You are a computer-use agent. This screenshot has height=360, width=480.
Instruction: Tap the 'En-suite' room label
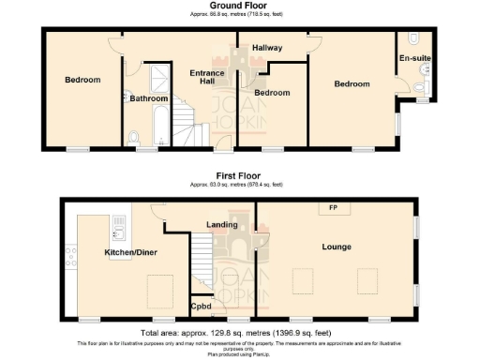[414, 58]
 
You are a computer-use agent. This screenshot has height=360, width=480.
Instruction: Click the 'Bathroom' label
[149, 98]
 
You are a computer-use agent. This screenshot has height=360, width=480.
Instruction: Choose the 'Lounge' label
[335, 247]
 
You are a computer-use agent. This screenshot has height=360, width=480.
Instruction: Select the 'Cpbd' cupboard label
[202, 306]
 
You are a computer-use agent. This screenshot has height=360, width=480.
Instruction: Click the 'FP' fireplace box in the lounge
[332, 207]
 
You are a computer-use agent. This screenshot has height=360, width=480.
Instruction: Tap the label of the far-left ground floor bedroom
[82, 80]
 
